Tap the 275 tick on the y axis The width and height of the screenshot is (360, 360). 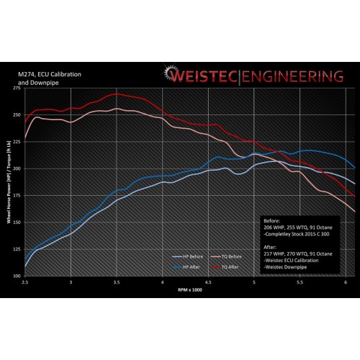click(x=16, y=88)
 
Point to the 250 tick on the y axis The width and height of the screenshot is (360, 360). click(x=16, y=114)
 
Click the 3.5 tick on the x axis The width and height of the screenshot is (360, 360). click(x=116, y=284)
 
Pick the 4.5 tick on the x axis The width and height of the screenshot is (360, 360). click(x=208, y=284)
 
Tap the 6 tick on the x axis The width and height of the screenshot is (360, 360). click(x=346, y=284)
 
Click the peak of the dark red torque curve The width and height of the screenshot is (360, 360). click(x=116, y=94)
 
